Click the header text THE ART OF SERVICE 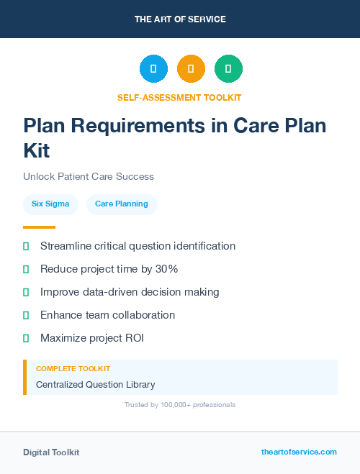[x=180, y=19]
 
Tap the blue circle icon [x=153, y=69]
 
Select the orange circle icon [x=191, y=69]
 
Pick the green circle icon [x=228, y=69]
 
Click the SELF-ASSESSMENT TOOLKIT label [x=180, y=97]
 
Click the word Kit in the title [x=37, y=151]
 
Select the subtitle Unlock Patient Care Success [x=89, y=176]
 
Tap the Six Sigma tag [x=50, y=204]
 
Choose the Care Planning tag [x=122, y=204]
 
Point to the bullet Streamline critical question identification [x=138, y=246]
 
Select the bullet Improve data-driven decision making [x=130, y=292]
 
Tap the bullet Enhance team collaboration [x=107, y=315]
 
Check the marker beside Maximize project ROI [x=26, y=338]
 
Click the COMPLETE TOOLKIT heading [x=68, y=368]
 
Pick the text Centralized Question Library [x=95, y=385]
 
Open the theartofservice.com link [x=299, y=452]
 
